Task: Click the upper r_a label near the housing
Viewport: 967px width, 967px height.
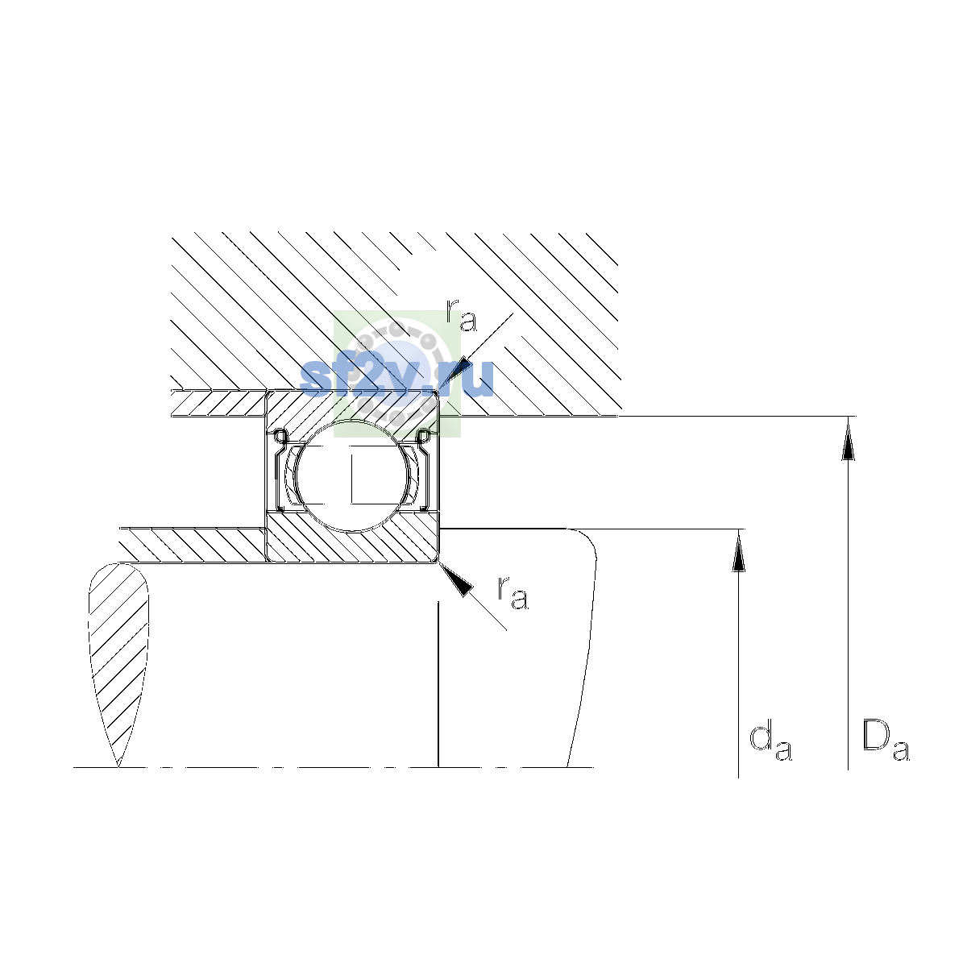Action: click(461, 315)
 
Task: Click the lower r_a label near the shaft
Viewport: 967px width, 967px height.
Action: click(513, 593)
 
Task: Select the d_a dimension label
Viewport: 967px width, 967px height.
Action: click(771, 743)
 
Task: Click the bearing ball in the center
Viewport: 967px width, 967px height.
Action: click(353, 475)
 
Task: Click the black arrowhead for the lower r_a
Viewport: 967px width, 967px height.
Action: click(457, 579)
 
